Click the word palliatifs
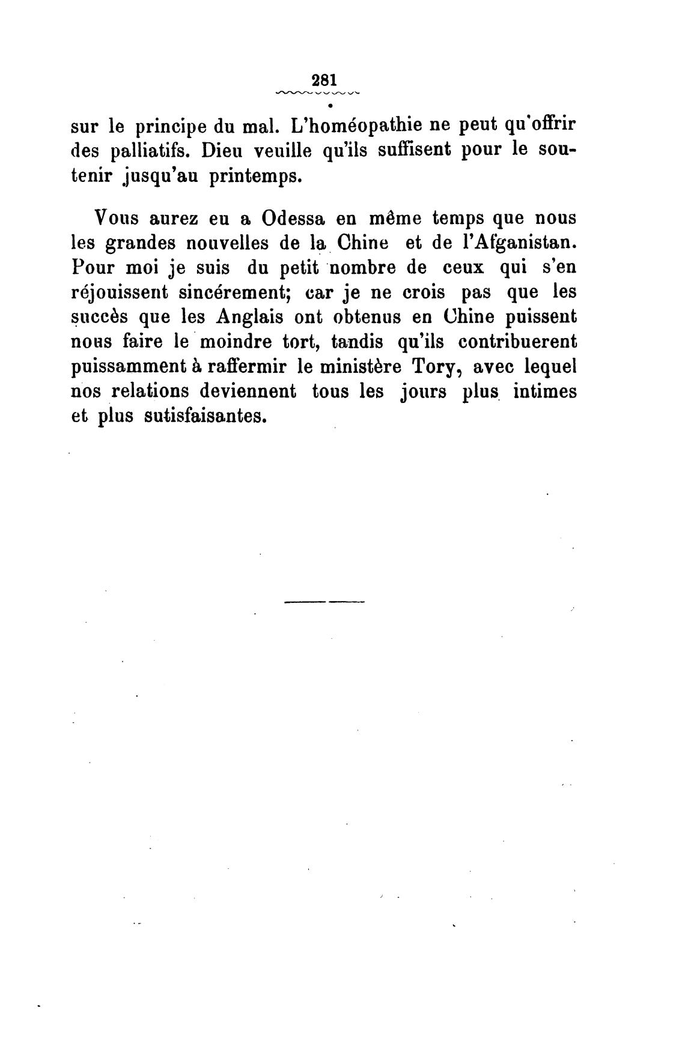click(145, 151)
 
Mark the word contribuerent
click(517, 342)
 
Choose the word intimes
click(546, 391)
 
